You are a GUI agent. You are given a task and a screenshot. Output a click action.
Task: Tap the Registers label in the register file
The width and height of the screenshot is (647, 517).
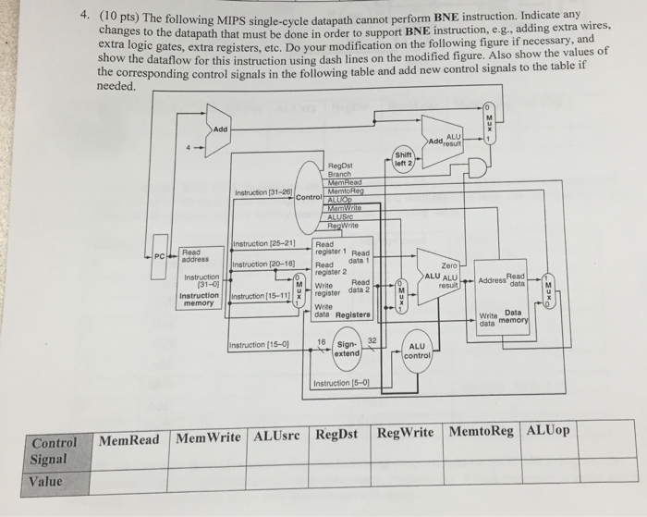[352, 314]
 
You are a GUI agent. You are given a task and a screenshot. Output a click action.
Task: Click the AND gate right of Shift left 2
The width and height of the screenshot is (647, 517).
[479, 169]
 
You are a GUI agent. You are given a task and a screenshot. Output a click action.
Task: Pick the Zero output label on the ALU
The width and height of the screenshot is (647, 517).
[450, 265]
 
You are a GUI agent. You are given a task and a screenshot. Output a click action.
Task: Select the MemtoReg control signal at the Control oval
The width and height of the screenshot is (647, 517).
[345, 191]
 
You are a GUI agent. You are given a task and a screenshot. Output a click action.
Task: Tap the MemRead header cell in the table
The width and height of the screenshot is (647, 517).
[128, 439]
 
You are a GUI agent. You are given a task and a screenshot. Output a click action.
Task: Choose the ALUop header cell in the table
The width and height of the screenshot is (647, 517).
[548, 431]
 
